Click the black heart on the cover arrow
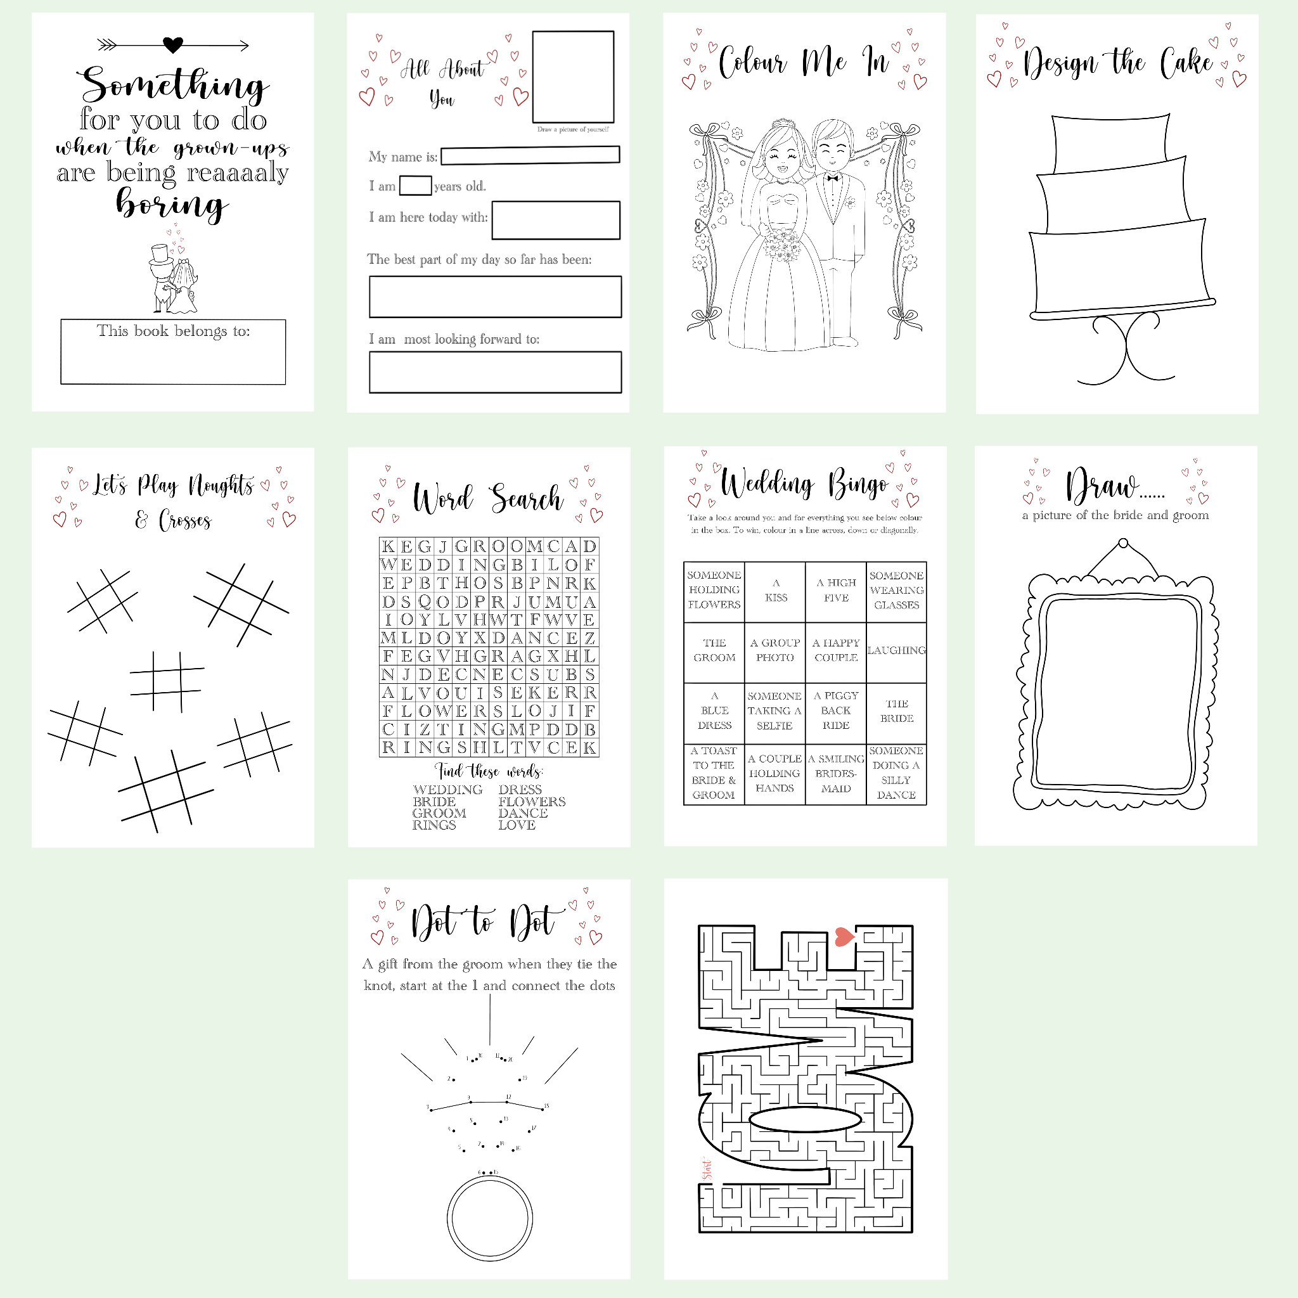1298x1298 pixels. tap(173, 45)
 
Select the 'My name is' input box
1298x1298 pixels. tap(530, 155)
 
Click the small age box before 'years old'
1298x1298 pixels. tap(415, 186)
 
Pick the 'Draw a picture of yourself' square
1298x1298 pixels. tap(573, 77)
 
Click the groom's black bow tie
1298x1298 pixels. tap(833, 178)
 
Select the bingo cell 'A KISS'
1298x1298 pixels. tap(775, 591)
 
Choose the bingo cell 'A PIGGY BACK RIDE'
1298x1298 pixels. tap(836, 711)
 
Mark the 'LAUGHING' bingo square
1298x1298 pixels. tap(896, 650)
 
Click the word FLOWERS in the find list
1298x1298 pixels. tap(532, 802)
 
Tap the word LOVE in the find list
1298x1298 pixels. tap(517, 825)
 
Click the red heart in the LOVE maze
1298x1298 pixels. tap(844, 937)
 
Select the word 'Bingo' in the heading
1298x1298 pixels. tap(858, 484)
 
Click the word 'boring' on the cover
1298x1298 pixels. tap(172, 204)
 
